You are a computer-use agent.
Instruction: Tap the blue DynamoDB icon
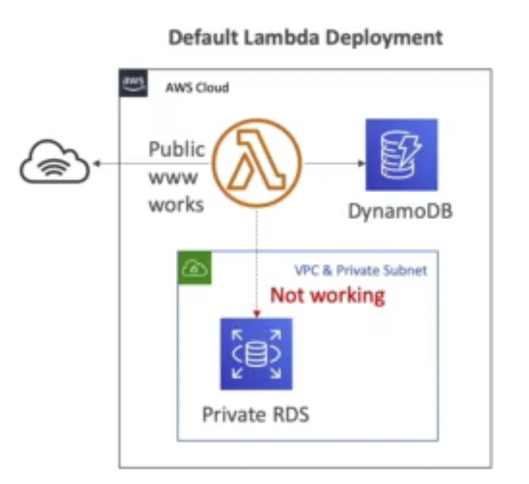401,155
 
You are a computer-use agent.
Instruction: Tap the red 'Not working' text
327,294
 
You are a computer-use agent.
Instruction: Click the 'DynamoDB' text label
400,212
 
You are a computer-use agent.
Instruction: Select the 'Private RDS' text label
256,414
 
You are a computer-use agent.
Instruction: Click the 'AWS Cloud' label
197,88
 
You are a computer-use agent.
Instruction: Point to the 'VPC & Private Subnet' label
361,271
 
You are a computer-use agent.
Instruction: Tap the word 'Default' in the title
202,37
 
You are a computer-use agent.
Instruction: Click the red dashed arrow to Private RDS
256,264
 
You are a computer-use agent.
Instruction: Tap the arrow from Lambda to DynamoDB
332,163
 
